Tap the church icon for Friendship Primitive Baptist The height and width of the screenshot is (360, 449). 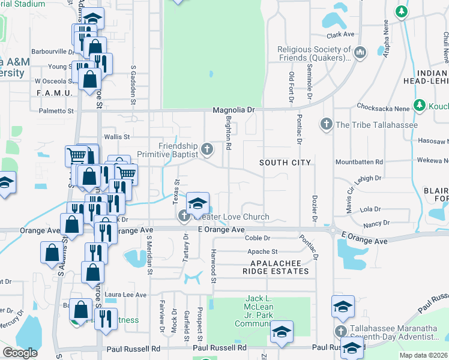(x=207, y=149)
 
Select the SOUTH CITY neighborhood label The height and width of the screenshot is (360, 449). (x=285, y=163)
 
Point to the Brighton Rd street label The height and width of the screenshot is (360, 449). (x=228, y=137)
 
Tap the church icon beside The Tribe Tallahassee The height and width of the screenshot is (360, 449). (x=326, y=125)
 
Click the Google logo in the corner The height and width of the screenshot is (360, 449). (x=20, y=353)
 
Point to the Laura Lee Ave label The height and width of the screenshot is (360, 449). (x=125, y=295)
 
